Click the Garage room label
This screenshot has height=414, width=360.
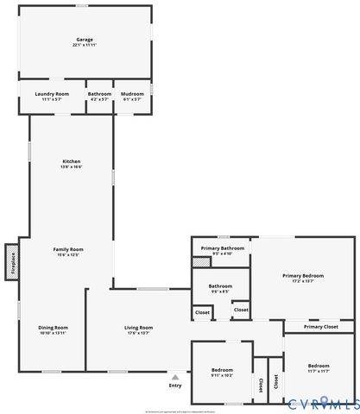[x=85, y=39]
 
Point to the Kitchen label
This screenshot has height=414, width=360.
[x=72, y=161]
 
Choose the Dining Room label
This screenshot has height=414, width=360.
[x=53, y=328]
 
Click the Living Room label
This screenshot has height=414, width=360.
[x=138, y=328]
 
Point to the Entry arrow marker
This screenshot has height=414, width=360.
[x=176, y=377]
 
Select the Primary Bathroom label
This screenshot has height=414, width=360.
[x=222, y=248]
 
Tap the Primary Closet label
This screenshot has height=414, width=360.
[x=319, y=327]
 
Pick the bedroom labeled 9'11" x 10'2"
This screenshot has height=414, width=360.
[x=222, y=371]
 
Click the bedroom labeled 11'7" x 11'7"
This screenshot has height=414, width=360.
[x=319, y=367]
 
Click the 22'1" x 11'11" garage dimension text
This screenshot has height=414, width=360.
[x=85, y=44]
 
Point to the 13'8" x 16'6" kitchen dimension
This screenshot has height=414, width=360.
[x=72, y=166]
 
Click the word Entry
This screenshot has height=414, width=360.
[x=176, y=386]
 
